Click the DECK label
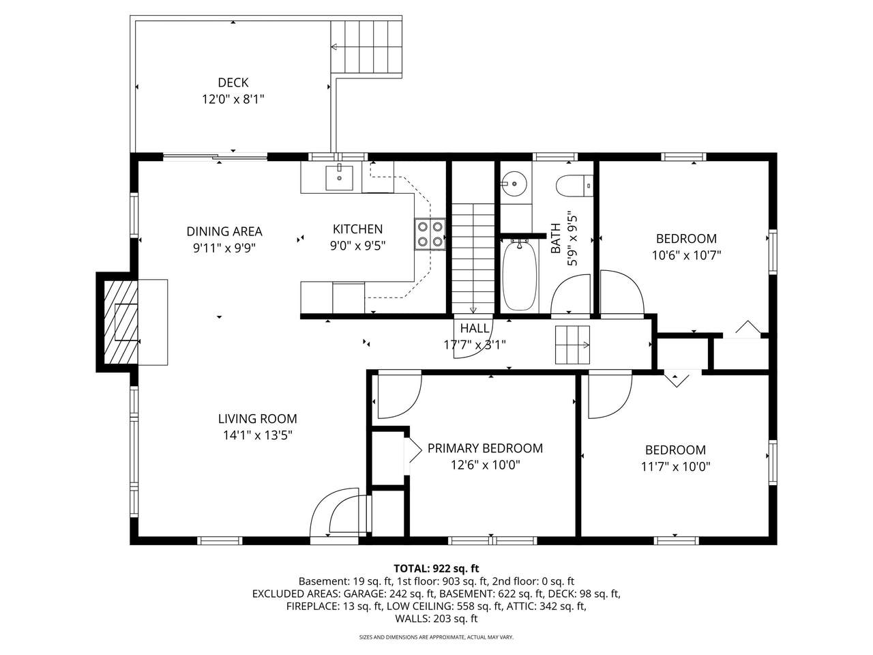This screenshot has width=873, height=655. coord(233,83)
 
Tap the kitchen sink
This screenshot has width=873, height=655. coord(339,178)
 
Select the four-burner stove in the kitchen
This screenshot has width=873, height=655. coord(430,234)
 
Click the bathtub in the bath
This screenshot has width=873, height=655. coord(520,275)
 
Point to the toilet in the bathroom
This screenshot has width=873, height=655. coord(574,186)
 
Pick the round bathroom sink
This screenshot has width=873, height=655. coord(514,184)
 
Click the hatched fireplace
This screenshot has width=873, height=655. coord(121,322)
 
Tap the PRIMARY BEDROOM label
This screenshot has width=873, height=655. coord(485,448)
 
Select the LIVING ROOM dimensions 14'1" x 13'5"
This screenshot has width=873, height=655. coord(258,435)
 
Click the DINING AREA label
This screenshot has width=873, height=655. coord(224,231)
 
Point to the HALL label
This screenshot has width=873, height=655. coord(475,328)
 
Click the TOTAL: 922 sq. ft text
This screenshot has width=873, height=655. coord(436,568)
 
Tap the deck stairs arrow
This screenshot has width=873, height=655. coord(366,47)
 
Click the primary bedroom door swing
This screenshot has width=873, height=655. coord(399,394)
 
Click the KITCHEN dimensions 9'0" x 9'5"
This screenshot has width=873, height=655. coord(357,246)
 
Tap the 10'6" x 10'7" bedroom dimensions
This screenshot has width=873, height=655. coord(686,255)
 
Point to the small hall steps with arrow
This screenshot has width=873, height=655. coord(572,345)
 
